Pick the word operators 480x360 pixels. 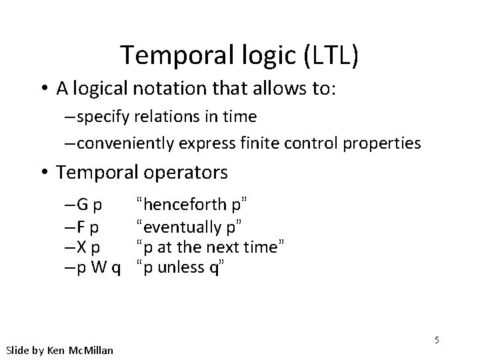pos(186,173)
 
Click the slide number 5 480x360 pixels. pos(437,340)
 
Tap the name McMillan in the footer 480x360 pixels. pos(91,350)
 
